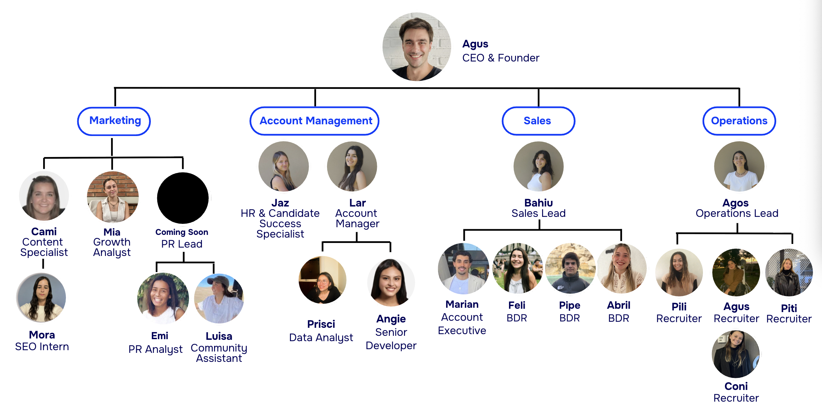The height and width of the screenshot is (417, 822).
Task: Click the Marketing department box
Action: point(114,121)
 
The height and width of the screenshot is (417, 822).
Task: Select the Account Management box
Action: point(314,121)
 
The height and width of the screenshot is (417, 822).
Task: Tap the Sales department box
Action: point(538,121)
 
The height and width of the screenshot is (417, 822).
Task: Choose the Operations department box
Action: point(739,121)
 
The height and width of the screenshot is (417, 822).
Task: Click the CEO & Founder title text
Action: point(501,58)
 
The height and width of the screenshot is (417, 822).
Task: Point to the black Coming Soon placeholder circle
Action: point(183,198)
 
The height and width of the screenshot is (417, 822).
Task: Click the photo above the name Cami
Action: point(44,196)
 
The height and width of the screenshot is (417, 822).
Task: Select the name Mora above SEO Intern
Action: point(42,335)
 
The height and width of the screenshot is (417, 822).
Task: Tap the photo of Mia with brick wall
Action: point(113,197)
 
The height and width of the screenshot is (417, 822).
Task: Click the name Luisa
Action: point(219,336)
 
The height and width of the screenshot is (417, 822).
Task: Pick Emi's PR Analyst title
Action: point(156,350)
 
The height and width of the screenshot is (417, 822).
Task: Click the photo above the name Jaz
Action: point(283,166)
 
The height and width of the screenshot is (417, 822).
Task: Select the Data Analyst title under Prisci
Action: point(321,338)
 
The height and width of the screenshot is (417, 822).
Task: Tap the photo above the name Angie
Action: point(391,283)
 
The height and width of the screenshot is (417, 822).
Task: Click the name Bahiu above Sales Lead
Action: point(538,203)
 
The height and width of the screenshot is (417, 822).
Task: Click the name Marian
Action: point(462,304)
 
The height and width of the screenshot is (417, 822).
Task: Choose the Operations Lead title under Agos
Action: point(737,214)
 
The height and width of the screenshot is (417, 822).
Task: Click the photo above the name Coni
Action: point(736,354)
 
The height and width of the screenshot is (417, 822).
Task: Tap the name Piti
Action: point(789,308)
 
